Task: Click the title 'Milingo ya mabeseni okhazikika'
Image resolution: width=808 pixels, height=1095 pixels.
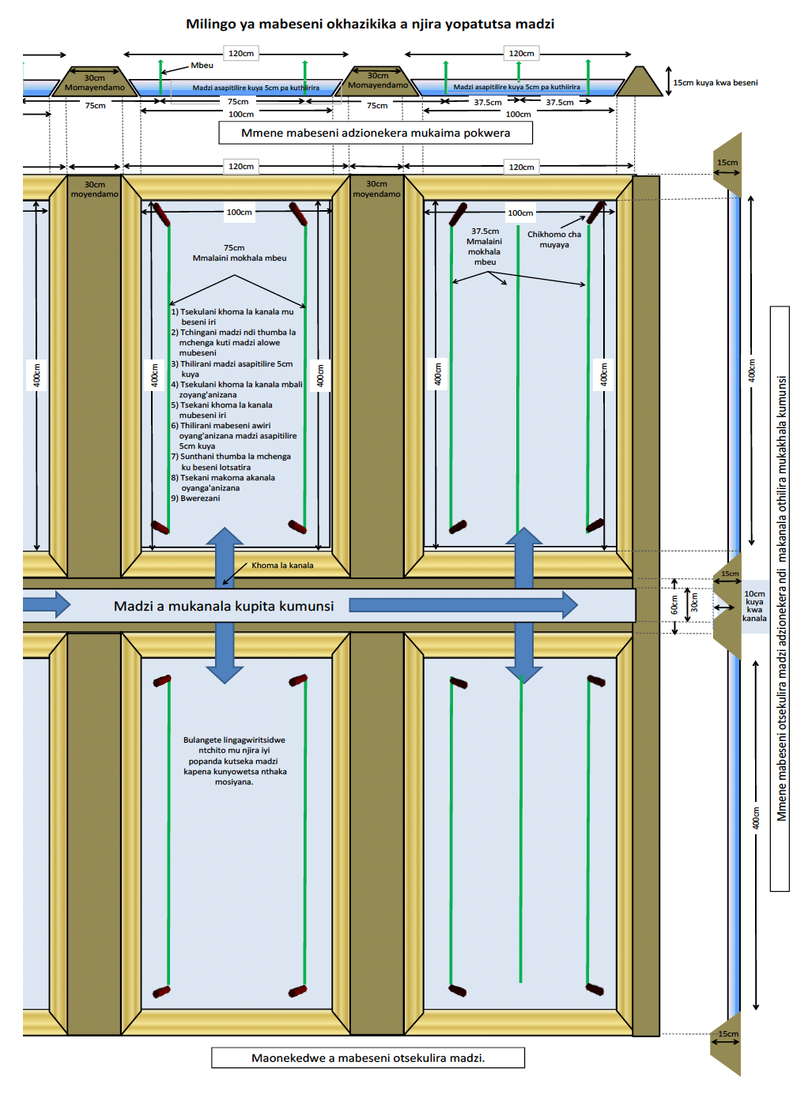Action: tap(369, 24)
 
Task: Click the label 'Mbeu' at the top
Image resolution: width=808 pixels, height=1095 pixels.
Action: tap(202, 66)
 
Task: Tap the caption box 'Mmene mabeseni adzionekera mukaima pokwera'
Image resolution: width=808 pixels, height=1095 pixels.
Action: tap(376, 133)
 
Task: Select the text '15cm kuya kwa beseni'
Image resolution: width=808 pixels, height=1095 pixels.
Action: tap(715, 82)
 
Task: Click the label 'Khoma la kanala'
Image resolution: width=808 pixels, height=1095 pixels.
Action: tap(282, 565)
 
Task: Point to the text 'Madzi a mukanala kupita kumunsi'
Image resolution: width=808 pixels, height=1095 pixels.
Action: tap(224, 606)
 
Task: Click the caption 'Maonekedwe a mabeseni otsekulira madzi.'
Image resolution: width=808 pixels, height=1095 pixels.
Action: tap(368, 1058)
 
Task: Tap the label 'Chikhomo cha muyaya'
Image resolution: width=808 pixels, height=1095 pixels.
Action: tap(554, 239)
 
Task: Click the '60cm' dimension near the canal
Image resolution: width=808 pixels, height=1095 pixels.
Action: tap(674, 604)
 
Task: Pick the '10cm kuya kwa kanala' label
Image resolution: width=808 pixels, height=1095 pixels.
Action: tap(754, 606)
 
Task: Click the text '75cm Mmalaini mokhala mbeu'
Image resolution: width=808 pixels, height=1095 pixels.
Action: tap(239, 253)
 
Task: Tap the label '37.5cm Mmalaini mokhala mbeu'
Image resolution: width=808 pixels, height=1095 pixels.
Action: tap(485, 246)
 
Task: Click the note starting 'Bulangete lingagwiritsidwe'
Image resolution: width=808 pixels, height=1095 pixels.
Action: tap(234, 761)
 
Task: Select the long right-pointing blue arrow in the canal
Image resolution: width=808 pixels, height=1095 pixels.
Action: tap(463, 605)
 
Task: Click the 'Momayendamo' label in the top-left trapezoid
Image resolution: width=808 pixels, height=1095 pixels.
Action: tap(95, 88)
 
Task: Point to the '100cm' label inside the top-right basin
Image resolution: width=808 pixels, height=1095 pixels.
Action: tap(520, 213)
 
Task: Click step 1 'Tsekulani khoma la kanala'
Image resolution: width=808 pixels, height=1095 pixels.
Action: tap(232, 317)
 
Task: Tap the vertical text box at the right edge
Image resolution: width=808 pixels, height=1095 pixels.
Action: tap(780, 598)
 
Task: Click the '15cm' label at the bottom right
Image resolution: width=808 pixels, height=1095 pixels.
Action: tap(728, 1033)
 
